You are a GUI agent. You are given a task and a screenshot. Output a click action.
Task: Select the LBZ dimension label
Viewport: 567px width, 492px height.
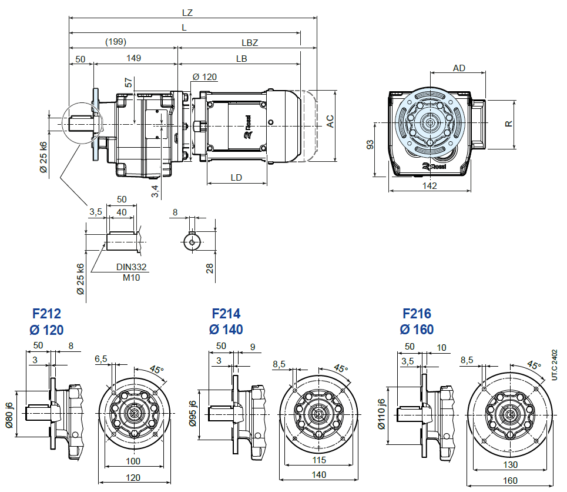[250, 42]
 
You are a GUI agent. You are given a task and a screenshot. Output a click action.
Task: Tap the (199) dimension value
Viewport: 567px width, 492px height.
[116, 42]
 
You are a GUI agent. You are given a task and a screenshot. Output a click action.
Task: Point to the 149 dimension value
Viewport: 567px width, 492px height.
[134, 58]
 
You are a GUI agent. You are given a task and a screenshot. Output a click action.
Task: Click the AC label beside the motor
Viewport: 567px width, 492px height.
[330, 121]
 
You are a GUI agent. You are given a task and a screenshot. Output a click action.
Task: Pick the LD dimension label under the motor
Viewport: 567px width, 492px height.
[236, 177]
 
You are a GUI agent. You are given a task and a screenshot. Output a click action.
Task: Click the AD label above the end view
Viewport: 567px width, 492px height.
[459, 68]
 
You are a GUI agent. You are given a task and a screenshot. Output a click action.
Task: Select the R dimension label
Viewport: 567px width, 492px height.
[509, 124]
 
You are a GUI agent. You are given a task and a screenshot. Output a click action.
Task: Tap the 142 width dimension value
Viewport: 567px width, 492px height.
[430, 186]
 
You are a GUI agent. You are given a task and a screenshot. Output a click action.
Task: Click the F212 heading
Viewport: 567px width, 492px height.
[46, 314]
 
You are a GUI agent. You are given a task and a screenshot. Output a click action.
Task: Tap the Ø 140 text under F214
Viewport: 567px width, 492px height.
[226, 330]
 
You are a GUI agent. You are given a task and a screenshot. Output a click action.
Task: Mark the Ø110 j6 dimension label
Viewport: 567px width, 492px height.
[381, 414]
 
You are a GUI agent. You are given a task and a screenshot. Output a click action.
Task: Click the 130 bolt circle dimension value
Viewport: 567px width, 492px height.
[510, 464]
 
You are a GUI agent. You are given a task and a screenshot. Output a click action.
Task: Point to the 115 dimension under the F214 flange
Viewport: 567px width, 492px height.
[318, 460]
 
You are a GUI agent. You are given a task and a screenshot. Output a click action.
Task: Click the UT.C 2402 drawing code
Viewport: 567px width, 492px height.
[555, 365]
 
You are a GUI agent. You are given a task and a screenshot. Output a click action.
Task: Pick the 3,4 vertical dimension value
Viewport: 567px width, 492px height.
[154, 190]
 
